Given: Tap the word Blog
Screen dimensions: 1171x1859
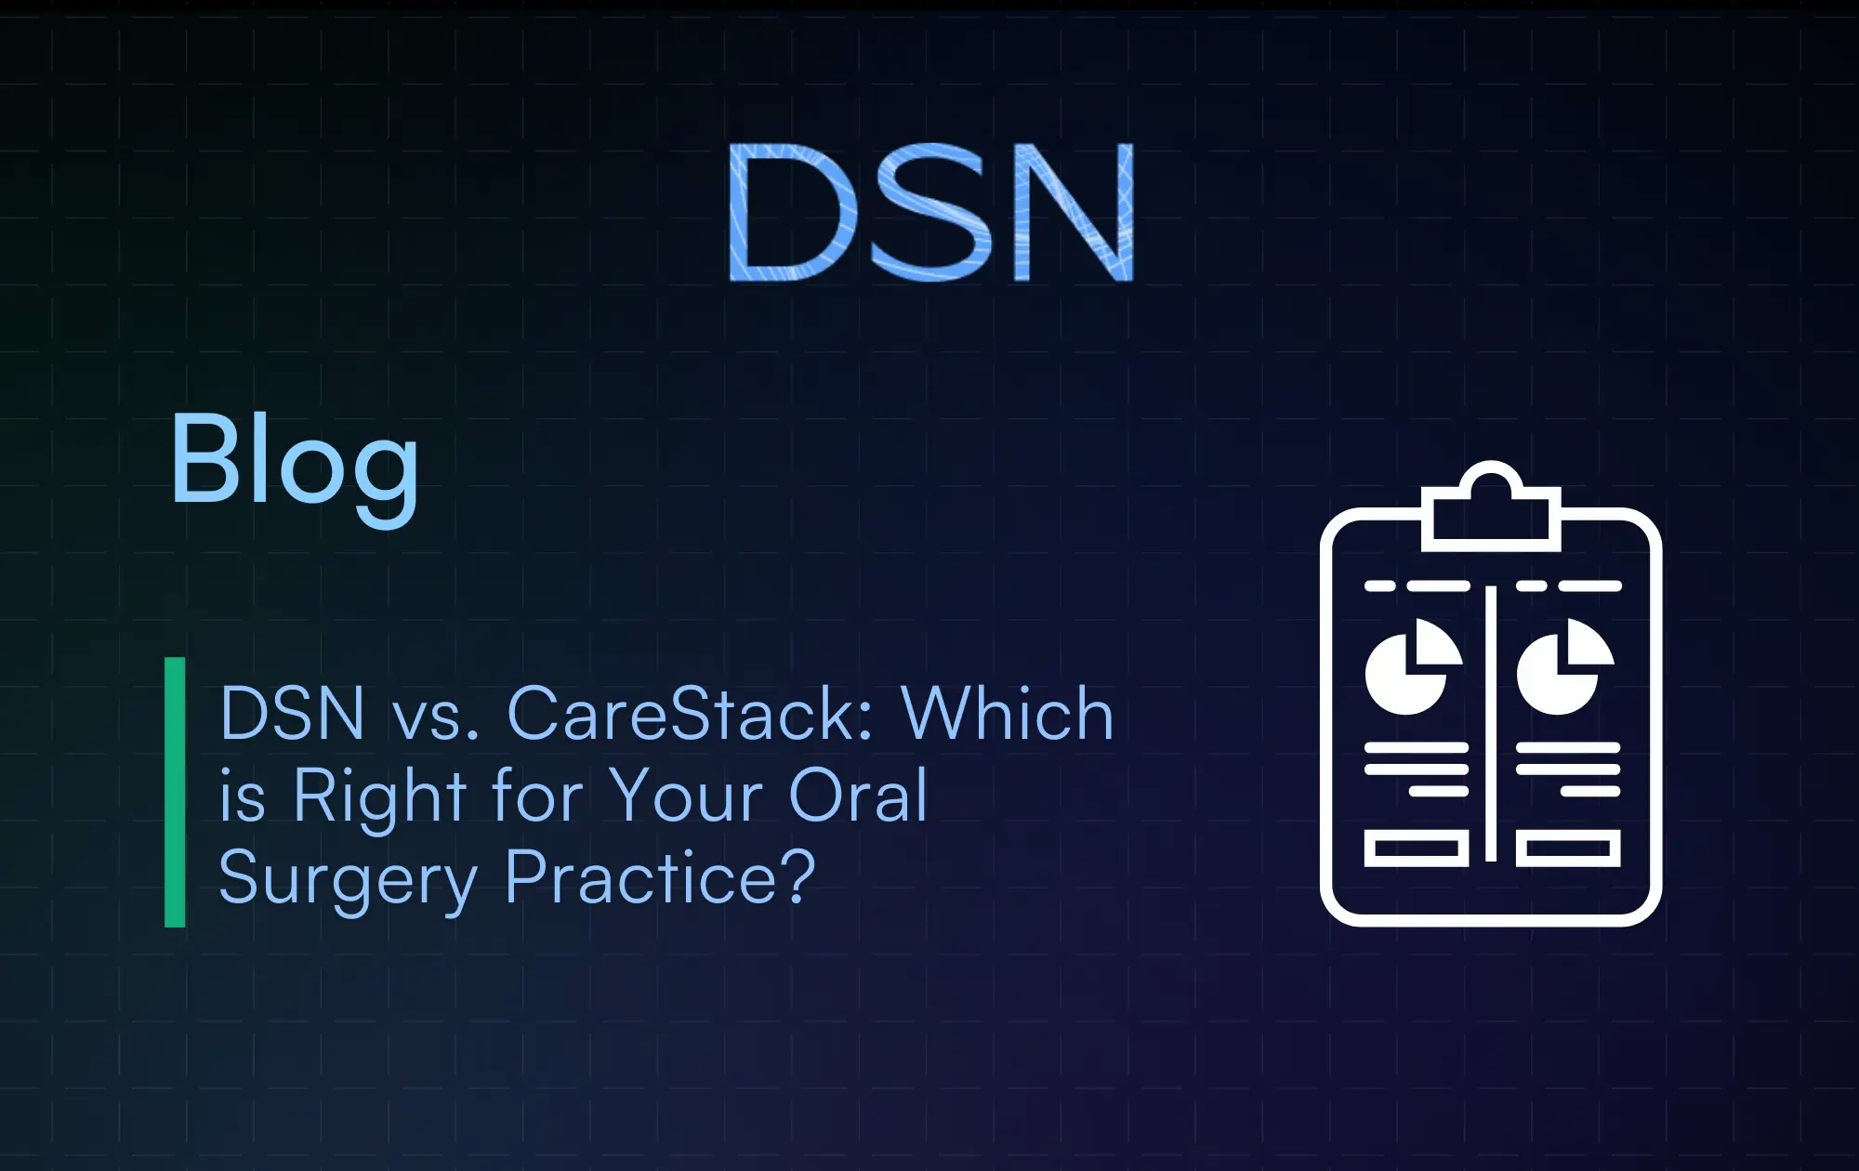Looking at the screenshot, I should pos(294,462).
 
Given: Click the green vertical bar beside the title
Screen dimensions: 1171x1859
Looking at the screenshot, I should pos(175,792).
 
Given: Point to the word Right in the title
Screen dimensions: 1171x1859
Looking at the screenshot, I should pos(379,797).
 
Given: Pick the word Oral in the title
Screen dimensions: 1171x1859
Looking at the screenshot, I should pos(857,796).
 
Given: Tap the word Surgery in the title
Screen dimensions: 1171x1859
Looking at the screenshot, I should pos(348,879).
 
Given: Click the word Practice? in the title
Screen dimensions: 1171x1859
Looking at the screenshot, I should pos(660,877).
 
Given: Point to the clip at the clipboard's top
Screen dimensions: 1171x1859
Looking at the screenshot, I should pos(1490,511).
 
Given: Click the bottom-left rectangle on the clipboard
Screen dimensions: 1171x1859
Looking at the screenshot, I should pos(1416,849).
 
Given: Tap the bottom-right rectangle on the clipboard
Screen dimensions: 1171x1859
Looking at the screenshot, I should pos(1568,849).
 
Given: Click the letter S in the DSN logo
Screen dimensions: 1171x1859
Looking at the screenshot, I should pos(929,212).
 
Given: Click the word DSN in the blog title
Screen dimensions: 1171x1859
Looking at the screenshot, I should pos(292,714).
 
